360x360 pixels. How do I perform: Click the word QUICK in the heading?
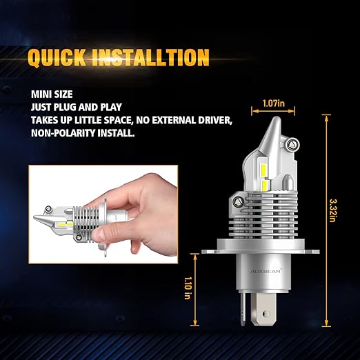tap(57, 57)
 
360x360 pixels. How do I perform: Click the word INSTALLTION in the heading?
tap(150, 57)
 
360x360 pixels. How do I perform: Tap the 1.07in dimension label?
tap(274, 103)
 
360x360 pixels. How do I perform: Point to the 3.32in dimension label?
tap(332, 210)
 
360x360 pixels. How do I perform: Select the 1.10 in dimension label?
tap(188, 288)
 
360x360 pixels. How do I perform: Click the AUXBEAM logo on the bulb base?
tap(266, 272)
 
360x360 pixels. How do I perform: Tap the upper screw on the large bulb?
tap(292, 144)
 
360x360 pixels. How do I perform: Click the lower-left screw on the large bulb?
tap(237, 202)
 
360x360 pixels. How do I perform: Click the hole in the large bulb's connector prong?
tap(266, 313)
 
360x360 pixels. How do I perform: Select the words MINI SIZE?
tap(52, 94)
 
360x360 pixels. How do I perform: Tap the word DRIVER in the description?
tap(214, 120)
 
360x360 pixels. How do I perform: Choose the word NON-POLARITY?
tap(63, 133)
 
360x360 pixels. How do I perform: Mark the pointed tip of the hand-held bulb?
tap(34, 217)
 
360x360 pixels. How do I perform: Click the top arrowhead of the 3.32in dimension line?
tap(327, 116)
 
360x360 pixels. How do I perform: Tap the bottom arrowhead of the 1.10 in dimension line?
tap(194, 324)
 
